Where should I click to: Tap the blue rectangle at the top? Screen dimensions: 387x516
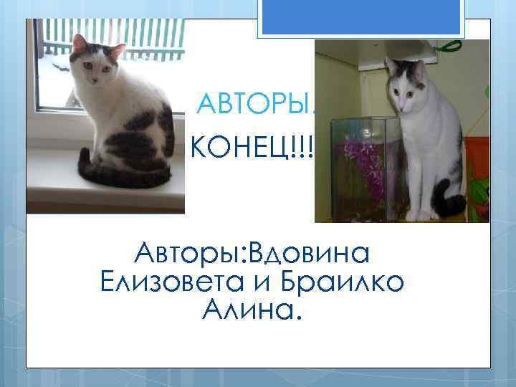point(362,16)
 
